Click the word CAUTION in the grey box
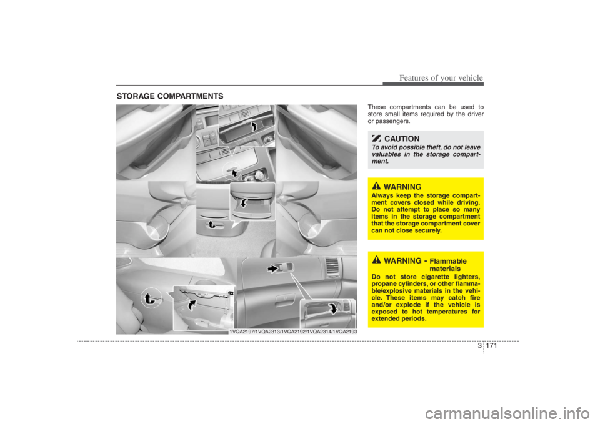[x=402, y=139]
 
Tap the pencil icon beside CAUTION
[x=376, y=138]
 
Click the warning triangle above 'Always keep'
[x=376, y=186]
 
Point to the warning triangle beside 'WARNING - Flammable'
[x=376, y=260]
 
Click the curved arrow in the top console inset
[x=253, y=127]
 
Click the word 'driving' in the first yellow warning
[x=464, y=200]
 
